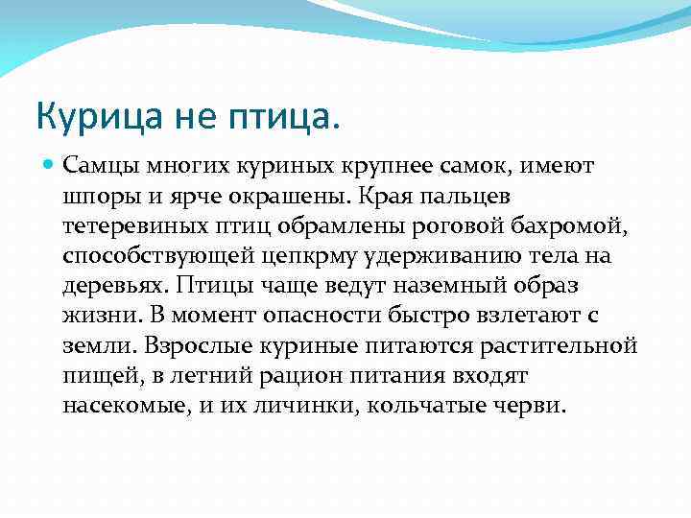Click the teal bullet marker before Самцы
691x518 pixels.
point(50,166)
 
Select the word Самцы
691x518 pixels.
point(97,167)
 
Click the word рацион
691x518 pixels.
point(283,374)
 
